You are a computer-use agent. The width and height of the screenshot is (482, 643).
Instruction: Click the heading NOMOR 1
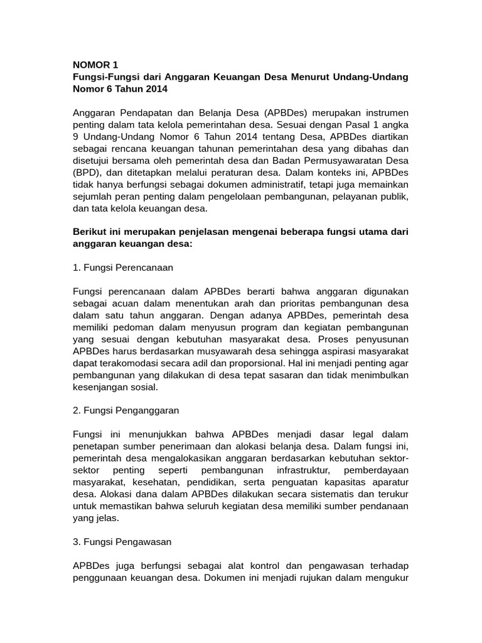[95, 64]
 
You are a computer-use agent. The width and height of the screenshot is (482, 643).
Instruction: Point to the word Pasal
[360, 125]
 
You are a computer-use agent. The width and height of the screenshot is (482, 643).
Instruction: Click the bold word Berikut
[91, 232]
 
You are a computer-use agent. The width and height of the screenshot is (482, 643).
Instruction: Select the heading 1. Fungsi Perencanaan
[123, 267]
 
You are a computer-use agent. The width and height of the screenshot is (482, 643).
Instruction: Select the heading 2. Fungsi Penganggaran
[126, 410]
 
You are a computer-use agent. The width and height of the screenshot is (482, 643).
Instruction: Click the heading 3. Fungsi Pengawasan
[122, 541]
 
